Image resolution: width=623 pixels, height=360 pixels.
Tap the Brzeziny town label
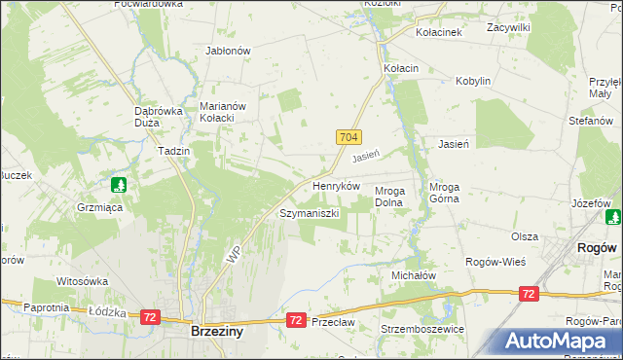pyautogui.click(x=216, y=331)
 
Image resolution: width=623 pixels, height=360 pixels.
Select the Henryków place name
pyautogui.click(x=336, y=185)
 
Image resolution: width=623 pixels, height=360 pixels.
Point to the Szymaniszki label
pyautogui.click(x=310, y=212)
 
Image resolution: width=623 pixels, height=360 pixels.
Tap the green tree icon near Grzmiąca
pyautogui.click(x=119, y=185)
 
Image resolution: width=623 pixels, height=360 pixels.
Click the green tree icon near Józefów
pyautogui.click(x=612, y=217)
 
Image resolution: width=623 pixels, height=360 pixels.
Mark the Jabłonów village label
pyautogui.click(x=229, y=51)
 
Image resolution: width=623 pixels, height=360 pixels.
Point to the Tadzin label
pyautogui.click(x=173, y=152)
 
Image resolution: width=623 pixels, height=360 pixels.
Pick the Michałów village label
pyautogui.click(x=413, y=276)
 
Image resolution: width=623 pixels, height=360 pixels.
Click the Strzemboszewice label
pyautogui.click(x=422, y=329)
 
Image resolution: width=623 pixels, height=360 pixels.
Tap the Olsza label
pyautogui.click(x=525, y=236)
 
